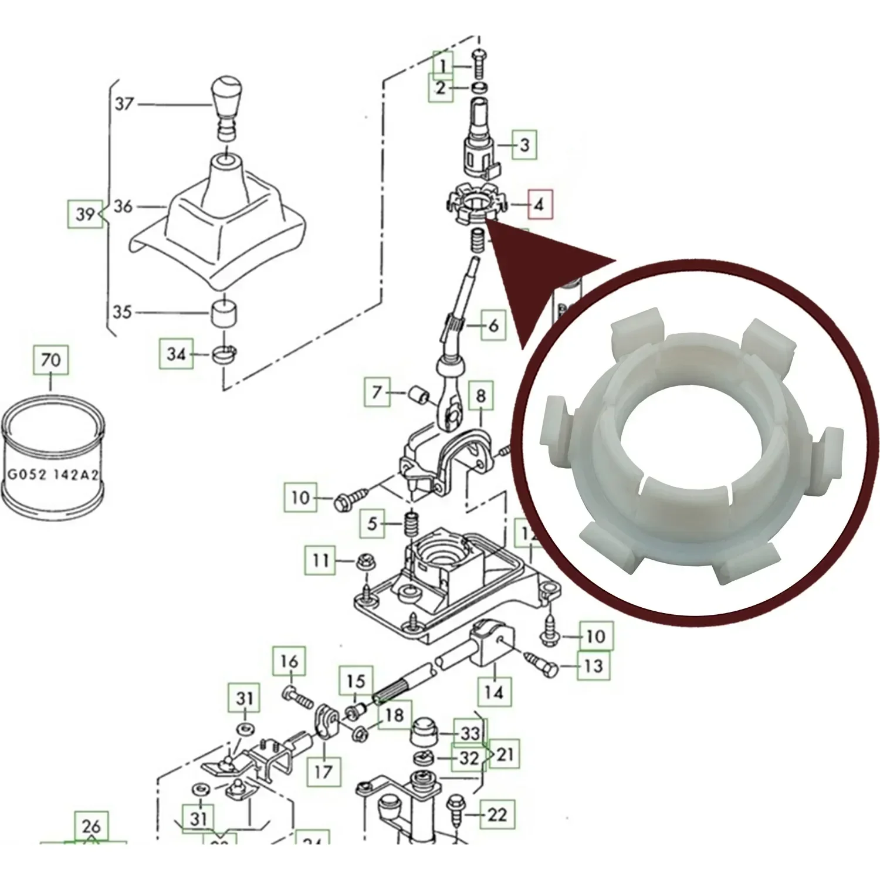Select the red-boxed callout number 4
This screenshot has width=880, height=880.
click(539, 204)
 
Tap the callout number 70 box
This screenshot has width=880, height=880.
click(50, 359)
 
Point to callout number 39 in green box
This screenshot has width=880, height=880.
click(85, 214)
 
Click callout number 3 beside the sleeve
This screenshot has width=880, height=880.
click(524, 144)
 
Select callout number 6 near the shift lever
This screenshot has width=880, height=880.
click(493, 324)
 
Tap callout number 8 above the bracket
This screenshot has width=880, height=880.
click(480, 396)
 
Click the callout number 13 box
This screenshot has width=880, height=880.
click(594, 665)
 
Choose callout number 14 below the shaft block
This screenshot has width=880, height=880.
click(493, 692)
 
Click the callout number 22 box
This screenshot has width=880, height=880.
click(496, 814)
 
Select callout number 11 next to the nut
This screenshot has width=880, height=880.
click(320, 560)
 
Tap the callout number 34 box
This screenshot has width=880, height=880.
click(176, 354)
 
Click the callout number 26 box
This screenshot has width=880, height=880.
click(91, 827)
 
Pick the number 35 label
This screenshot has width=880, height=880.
click(122, 311)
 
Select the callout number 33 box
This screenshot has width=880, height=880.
click(470, 733)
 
